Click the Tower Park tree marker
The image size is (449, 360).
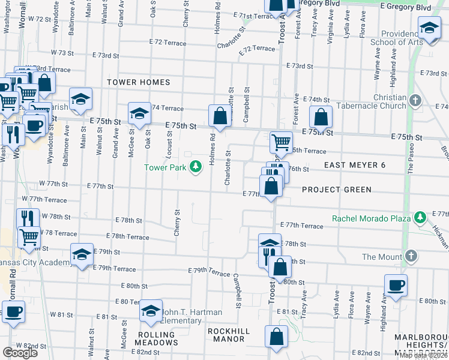coord(195,167)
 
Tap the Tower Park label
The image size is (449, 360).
coord(165,167)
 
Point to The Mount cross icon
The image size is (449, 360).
coord(411,256)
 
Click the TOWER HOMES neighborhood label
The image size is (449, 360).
coord(139,82)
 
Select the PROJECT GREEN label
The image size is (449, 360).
coord(337,190)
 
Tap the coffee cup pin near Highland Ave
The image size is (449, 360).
coord(395,286)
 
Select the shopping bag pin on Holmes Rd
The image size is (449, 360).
coord(220,116)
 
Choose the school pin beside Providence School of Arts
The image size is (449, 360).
coord(429,29)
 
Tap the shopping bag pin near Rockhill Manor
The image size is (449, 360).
coord(276,338)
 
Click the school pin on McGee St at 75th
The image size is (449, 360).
coord(139,114)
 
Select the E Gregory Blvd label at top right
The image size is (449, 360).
coord(406,7)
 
